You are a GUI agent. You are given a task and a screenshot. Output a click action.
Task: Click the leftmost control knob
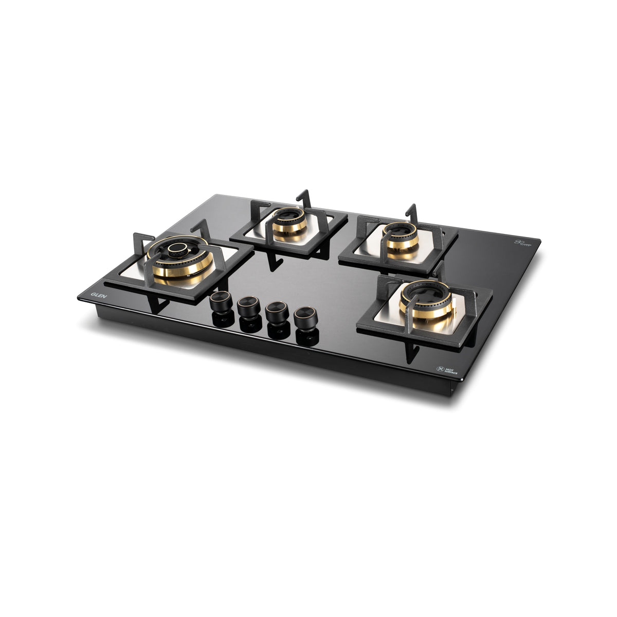(222, 301)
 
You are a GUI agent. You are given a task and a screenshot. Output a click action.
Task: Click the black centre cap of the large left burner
(178, 250)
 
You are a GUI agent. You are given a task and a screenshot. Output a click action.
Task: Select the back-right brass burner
(402, 240)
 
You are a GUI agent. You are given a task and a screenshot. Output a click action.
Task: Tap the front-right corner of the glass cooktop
(461, 379)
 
